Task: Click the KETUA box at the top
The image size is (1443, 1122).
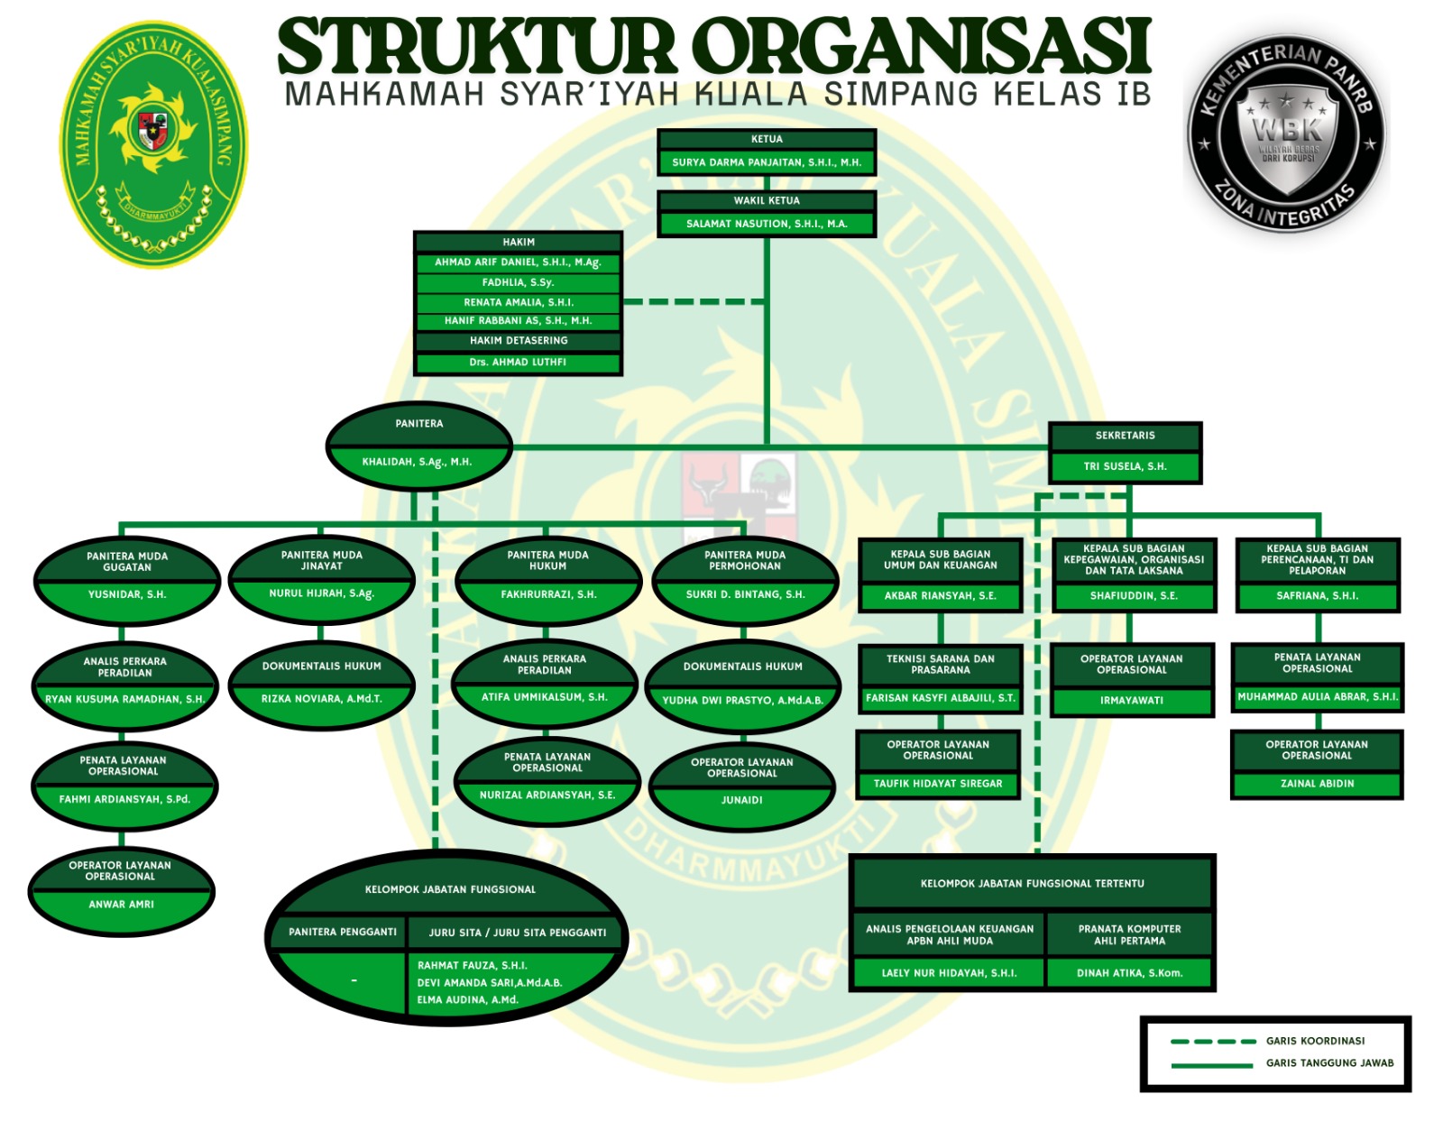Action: [x=767, y=152]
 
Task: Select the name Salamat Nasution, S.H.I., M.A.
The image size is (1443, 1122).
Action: [x=767, y=224]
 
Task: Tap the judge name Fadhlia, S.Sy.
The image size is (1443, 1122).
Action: [x=518, y=282]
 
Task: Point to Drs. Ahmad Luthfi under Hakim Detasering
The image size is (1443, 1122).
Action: [x=518, y=362]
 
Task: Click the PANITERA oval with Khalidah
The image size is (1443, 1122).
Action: [x=419, y=446]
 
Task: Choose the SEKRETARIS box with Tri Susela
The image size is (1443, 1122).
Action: [x=1125, y=452]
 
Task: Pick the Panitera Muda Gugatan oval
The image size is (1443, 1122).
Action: [x=127, y=581]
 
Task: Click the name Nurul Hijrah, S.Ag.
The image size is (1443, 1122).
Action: [x=321, y=593]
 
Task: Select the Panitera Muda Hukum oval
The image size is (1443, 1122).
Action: [x=547, y=581]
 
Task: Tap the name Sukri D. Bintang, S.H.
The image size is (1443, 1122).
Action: [x=745, y=594]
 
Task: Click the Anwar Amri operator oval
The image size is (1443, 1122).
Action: [x=121, y=891]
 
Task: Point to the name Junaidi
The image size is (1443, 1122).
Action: [x=741, y=800]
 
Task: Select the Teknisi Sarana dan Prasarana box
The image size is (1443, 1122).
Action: [x=941, y=679]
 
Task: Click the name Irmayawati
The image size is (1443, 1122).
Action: [x=1132, y=700]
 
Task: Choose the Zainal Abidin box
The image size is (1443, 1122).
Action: [x=1317, y=764]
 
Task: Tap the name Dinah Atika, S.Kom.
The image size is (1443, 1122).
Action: [x=1129, y=972]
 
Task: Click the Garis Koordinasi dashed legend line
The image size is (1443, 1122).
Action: [x=1213, y=1042]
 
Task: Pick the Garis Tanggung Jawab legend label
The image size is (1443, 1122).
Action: [x=1329, y=1062]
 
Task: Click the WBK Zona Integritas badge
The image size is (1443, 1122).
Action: [x=1287, y=133]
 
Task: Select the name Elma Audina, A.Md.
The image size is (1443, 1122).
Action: [x=467, y=999]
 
